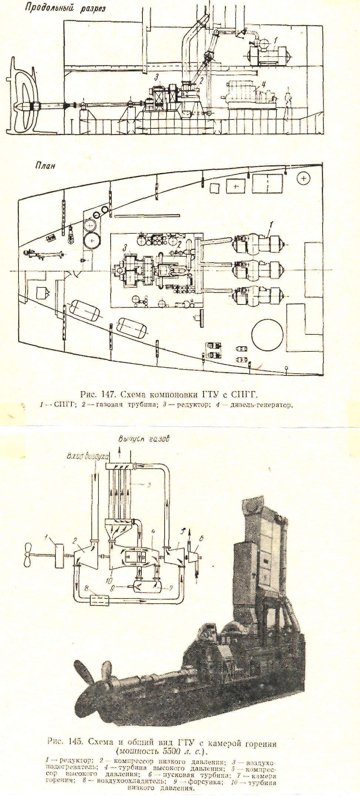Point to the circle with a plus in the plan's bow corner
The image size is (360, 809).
pyautogui.click(x=304, y=179)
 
